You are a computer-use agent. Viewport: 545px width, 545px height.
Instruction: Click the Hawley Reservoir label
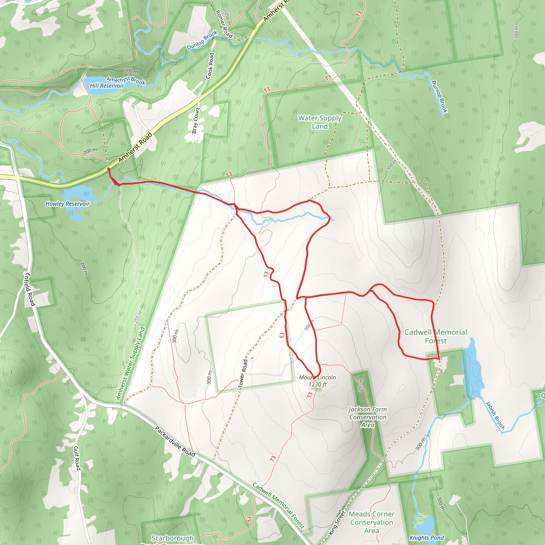67,204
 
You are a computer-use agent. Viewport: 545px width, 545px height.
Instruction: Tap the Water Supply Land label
320,122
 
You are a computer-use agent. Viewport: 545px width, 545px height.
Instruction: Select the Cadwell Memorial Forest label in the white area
436,336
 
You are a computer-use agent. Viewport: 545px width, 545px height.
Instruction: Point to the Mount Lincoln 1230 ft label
317,381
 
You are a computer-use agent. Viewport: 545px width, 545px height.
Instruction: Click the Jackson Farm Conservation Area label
368,417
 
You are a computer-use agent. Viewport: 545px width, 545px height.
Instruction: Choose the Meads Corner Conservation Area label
371,522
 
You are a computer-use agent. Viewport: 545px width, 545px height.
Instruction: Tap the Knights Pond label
427,538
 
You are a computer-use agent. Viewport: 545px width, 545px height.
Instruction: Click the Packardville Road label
175,442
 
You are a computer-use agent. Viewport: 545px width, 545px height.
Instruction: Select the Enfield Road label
30,290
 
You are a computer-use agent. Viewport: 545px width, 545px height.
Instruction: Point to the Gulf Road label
77,458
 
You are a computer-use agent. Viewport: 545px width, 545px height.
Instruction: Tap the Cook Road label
210,66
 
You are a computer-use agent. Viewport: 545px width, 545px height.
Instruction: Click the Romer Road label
224,24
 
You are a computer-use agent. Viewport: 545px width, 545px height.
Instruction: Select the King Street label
337,523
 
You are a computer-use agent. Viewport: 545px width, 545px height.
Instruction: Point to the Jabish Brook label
495,415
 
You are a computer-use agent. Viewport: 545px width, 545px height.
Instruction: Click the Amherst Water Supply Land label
130,364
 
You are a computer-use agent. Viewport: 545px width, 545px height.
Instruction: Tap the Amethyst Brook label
126,80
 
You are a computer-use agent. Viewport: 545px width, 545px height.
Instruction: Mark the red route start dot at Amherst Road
109,169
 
